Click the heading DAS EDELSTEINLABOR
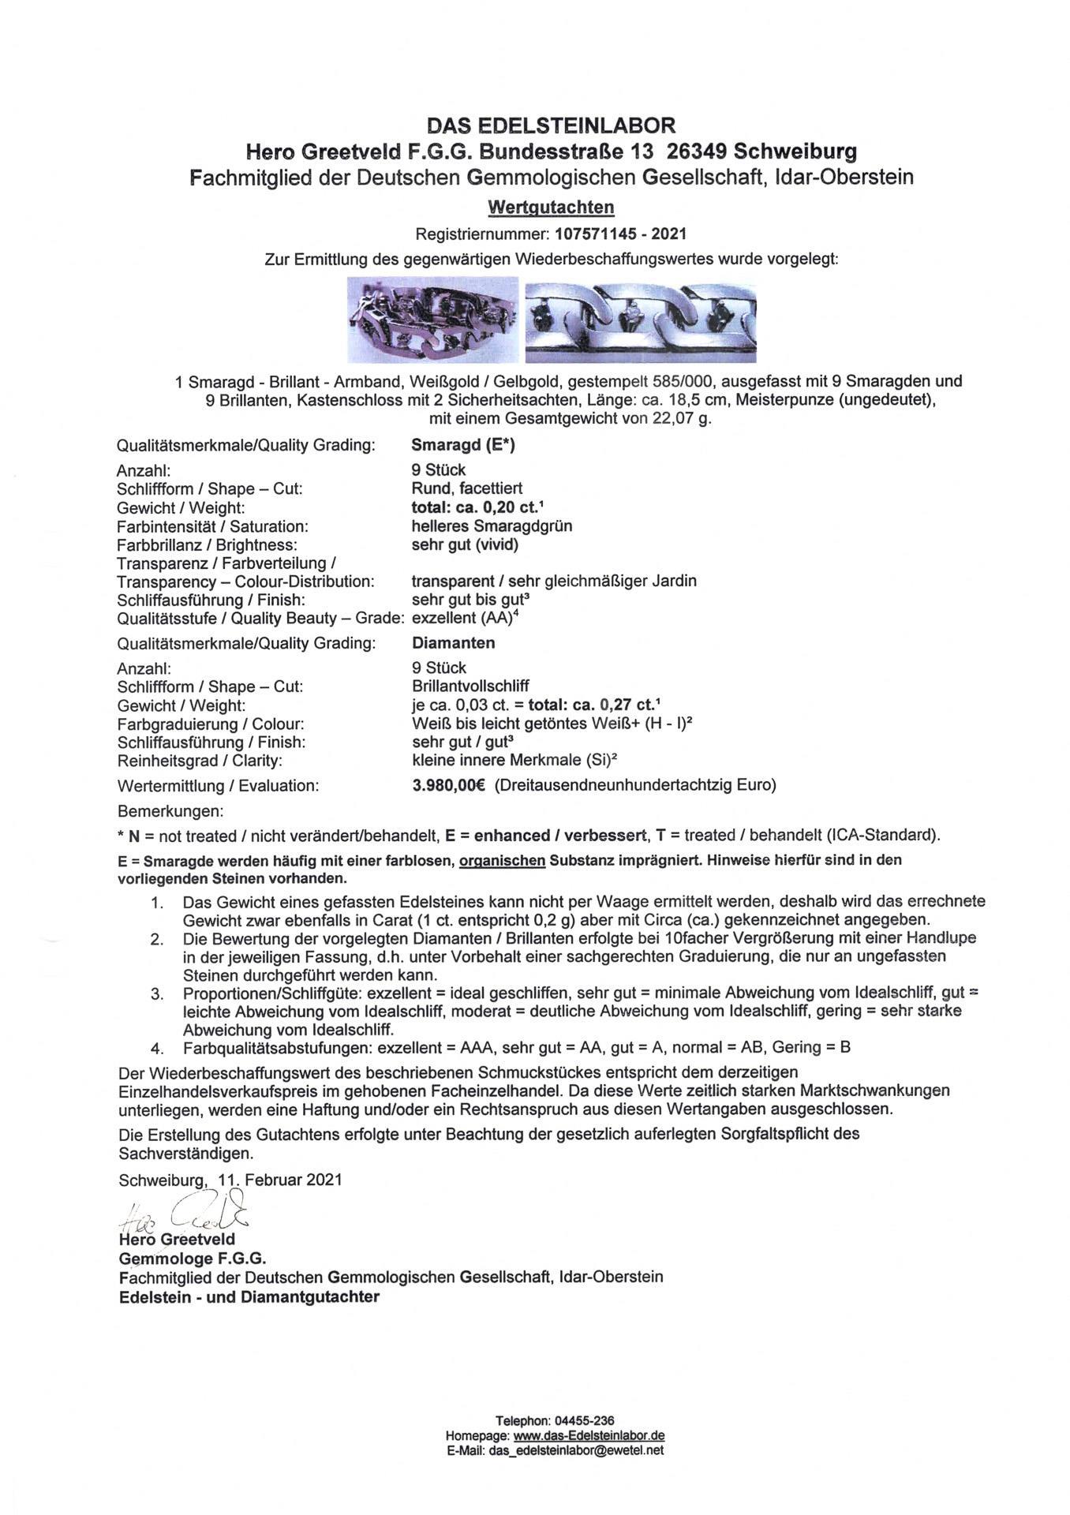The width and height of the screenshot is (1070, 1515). [551, 125]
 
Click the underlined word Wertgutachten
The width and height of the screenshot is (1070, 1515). [551, 208]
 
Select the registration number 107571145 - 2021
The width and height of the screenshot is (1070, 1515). [620, 234]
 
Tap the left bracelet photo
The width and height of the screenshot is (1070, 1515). [433, 320]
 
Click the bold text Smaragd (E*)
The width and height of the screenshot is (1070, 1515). [463, 445]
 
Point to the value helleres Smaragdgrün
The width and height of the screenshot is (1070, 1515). [492, 526]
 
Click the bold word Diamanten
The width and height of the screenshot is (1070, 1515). [454, 643]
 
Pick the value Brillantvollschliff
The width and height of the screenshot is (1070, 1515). [470, 686]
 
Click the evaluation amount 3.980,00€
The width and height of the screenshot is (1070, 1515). [449, 785]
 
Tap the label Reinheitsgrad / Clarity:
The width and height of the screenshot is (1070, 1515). [200, 761]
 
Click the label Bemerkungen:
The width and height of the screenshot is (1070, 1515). [170, 811]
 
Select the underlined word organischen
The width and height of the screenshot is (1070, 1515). [503, 860]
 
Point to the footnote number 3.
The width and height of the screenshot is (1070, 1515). [157, 993]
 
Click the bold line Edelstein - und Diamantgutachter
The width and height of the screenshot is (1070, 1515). [249, 1297]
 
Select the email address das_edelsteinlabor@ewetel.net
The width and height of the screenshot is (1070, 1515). [576, 1450]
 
